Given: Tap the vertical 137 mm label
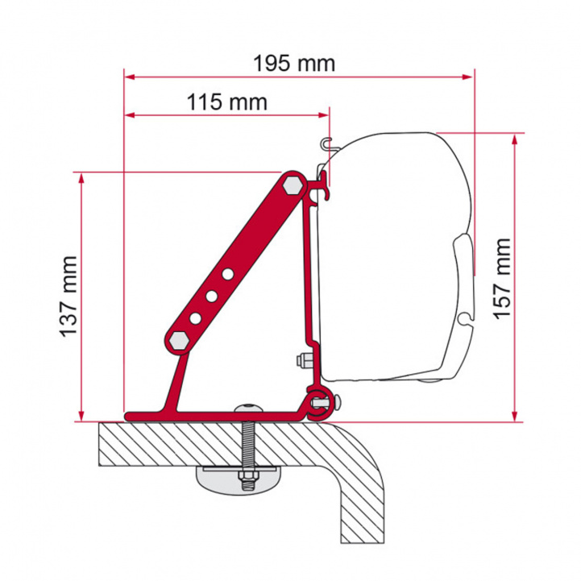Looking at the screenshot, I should [68, 296].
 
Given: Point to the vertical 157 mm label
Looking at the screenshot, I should [502, 278].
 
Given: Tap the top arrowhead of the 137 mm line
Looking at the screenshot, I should [81, 176].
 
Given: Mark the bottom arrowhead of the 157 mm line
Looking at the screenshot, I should [513, 416].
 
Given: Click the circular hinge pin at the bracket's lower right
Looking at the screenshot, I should [317, 398].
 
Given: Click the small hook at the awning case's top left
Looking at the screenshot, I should [325, 145].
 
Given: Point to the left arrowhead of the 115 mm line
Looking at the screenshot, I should [129, 115].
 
